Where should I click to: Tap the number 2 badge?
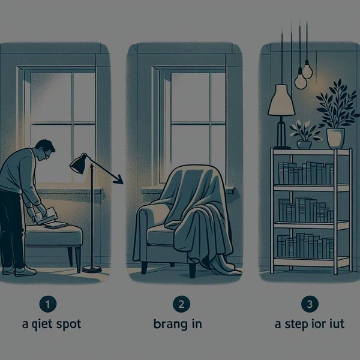click(x=179, y=304)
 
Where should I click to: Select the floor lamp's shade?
click(x=78, y=163)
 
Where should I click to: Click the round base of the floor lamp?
click(x=92, y=269)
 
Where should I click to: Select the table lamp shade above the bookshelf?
click(x=281, y=100)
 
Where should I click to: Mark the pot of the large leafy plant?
click(x=335, y=137)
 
